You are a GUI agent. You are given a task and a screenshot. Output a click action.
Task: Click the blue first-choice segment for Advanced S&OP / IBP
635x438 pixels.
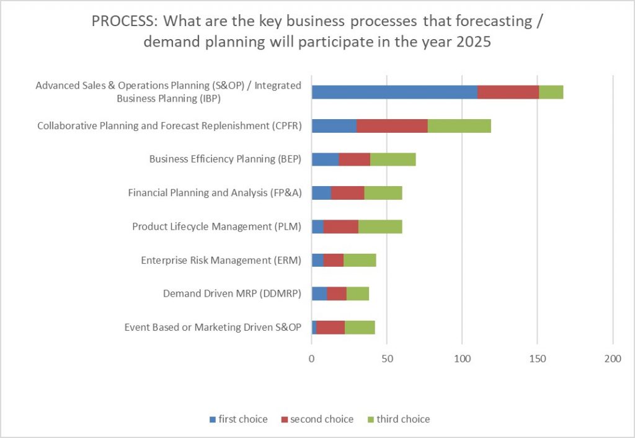(x=394, y=92)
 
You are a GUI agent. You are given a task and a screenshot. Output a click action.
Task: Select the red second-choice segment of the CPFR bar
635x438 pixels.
(x=392, y=125)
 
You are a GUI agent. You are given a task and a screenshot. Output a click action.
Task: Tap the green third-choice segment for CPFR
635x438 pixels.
(x=459, y=125)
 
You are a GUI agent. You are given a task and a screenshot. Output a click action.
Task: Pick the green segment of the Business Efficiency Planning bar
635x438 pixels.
(x=393, y=159)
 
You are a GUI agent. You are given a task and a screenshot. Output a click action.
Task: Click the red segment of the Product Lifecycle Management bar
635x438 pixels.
(x=340, y=226)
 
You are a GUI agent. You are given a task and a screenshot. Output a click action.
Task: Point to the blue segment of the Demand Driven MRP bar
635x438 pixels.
(x=319, y=293)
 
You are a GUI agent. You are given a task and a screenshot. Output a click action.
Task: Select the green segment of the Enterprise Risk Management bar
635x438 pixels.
(x=360, y=260)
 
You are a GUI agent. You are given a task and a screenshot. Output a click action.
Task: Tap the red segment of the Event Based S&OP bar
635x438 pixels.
(x=331, y=327)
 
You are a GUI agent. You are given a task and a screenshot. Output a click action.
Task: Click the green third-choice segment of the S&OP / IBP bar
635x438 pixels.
(x=551, y=92)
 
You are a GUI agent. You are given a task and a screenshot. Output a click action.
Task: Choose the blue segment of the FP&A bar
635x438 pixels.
(x=321, y=193)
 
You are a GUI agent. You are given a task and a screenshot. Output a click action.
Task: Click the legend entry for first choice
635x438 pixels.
(x=238, y=419)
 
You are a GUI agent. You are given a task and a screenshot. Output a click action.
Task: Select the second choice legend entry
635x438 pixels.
(x=317, y=419)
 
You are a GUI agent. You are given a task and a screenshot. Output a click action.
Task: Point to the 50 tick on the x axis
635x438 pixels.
(x=387, y=358)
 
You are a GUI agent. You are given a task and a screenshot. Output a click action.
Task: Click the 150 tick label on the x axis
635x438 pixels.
(x=537, y=358)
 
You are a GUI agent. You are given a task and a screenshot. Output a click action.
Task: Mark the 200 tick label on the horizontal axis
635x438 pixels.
(x=613, y=358)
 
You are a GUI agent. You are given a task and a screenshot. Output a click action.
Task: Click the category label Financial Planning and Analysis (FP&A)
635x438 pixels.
(x=215, y=193)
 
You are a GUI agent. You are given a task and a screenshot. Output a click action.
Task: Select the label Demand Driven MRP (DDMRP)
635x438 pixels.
(x=232, y=293)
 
